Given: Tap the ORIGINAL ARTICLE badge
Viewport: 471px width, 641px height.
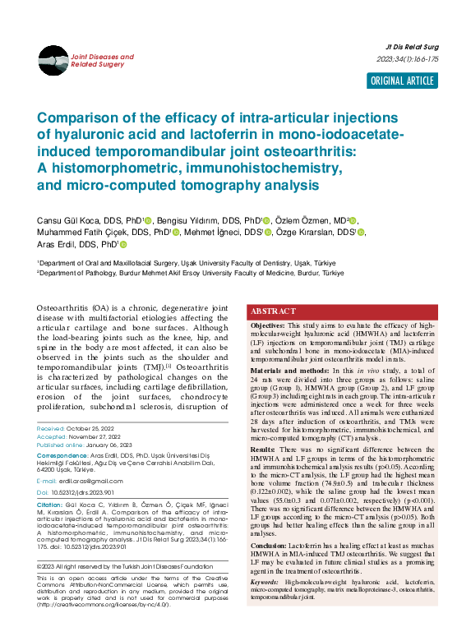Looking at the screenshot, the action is coord(403,81).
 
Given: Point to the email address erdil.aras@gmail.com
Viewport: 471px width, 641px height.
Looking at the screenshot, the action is coord(85,480).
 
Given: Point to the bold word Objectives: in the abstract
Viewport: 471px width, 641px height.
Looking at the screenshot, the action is coord(268,325).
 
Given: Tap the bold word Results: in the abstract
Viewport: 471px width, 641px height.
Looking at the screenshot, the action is coord(264,449).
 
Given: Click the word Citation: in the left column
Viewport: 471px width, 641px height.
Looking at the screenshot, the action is coord(49,504).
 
